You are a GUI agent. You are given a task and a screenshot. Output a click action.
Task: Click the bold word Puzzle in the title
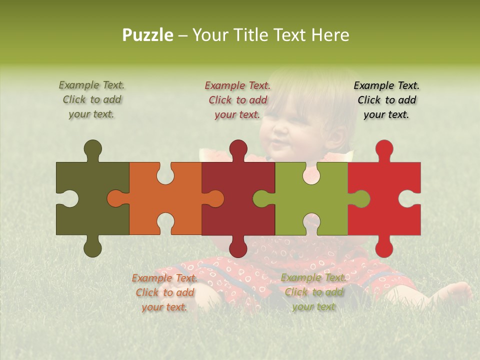tap(147, 35)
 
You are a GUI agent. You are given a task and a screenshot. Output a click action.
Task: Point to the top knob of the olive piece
tap(92, 149)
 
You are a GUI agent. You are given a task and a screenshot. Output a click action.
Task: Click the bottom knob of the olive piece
tap(92, 248)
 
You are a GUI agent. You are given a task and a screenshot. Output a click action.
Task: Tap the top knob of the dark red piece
tap(238, 149)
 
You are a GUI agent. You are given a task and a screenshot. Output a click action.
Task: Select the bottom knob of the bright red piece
tap(384, 248)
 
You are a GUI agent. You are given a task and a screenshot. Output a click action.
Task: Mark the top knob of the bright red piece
tap(384, 149)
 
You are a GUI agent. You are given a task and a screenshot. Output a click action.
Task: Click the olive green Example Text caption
tap(91, 99)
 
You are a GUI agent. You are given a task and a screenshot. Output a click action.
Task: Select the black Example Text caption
tap(386, 100)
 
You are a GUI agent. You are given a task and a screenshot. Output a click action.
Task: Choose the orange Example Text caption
tap(164, 292)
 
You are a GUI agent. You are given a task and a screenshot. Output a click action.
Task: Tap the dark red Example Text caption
tap(237, 100)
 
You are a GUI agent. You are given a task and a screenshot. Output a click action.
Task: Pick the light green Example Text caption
tap(313, 292)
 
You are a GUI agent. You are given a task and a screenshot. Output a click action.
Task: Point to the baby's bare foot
tap(457, 292)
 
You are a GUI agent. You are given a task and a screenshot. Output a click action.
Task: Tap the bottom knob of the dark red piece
tap(238, 248)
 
